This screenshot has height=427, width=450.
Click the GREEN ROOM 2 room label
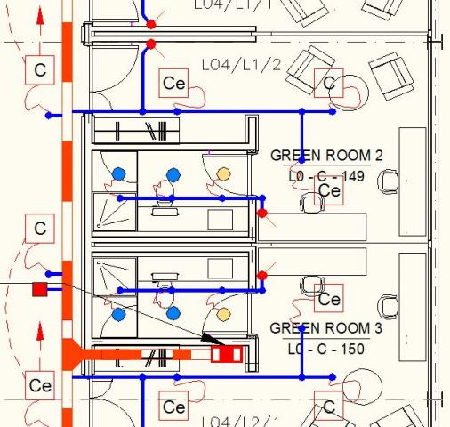click(x=326, y=157)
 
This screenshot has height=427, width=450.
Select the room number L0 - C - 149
click(x=326, y=176)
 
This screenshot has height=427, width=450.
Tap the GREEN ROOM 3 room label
click(x=326, y=328)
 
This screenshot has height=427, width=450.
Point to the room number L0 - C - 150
click(x=326, y=349)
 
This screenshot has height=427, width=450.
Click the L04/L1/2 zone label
click(x=241, y=65)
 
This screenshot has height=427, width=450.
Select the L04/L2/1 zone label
click(x=241, y=421)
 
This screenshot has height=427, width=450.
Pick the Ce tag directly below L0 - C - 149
click(x=329, y=191)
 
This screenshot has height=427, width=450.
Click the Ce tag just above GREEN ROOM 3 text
click(x=329, y=299)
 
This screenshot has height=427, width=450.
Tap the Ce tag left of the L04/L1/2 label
click(x=174, y=84)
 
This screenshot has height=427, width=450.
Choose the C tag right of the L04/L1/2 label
click(x=329, y=84)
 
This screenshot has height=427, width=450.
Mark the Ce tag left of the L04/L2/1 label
click(x=174, y=407)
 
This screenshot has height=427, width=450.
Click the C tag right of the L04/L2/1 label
click(x=329, y=407)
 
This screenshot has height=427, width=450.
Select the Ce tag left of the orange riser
click(x=40, y=385)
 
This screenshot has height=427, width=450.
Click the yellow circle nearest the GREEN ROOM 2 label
click(x=223, y=173)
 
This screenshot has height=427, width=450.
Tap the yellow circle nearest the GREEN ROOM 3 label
click(x=223, y=313)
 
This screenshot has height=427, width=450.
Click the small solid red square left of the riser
click(x=39, y=289)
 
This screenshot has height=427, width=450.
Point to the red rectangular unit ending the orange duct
click(x=226, y=354)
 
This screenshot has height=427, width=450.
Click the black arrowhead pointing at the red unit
click(x=213, y=339)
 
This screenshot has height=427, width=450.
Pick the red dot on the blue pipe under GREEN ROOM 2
click(x=261, y=213)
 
